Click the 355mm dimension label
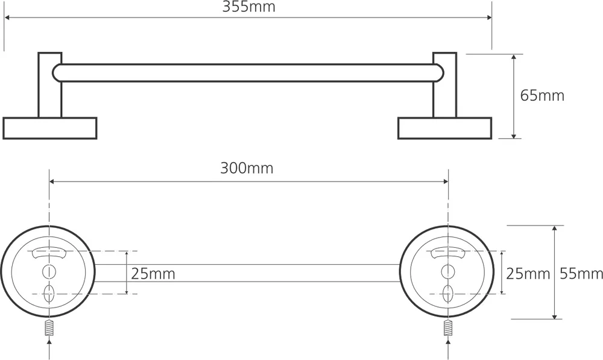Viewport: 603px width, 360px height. pos(249,7)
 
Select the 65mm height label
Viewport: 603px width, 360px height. pos(542,95)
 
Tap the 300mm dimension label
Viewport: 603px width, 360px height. pos(247,168)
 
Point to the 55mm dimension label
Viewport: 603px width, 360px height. pos(581,273)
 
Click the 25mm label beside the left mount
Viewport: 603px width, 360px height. pos(153,274)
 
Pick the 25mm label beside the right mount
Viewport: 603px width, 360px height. pos(528,273)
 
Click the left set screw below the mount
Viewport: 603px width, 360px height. pos(49,327)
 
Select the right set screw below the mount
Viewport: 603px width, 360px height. pos(447,327)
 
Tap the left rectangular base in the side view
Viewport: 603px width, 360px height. pos(49,128)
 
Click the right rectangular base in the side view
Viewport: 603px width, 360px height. pos(444,128)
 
